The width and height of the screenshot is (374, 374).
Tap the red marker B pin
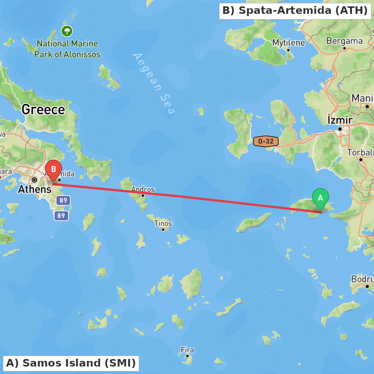click(53, 170)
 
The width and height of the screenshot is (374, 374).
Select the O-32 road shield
click(266, 141)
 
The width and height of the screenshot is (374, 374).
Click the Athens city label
click(35, 189)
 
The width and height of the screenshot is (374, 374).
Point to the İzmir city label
click(340, 120)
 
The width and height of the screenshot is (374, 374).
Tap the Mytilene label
click(288, 43)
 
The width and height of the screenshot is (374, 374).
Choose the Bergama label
click(344, 41)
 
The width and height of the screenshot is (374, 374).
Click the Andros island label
click(142, 189)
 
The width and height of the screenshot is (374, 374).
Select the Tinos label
click(163, 223)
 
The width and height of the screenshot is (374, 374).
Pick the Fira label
click(187, 350)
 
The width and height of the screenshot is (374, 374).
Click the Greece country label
click(43, 110)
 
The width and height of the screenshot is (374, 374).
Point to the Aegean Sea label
click(154, 83)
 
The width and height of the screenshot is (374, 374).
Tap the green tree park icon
click(67, 31)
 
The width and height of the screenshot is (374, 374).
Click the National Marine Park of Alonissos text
click(67, 49)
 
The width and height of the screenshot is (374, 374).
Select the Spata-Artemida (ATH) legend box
click(295, 10)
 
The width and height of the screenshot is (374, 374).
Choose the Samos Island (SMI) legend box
click(71, 363)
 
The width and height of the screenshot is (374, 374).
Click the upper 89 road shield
click(63, 200)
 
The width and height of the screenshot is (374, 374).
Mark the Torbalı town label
click(360, 153)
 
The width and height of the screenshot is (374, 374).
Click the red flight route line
click(187, 198)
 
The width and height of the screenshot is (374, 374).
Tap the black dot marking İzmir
click(340, 129)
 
